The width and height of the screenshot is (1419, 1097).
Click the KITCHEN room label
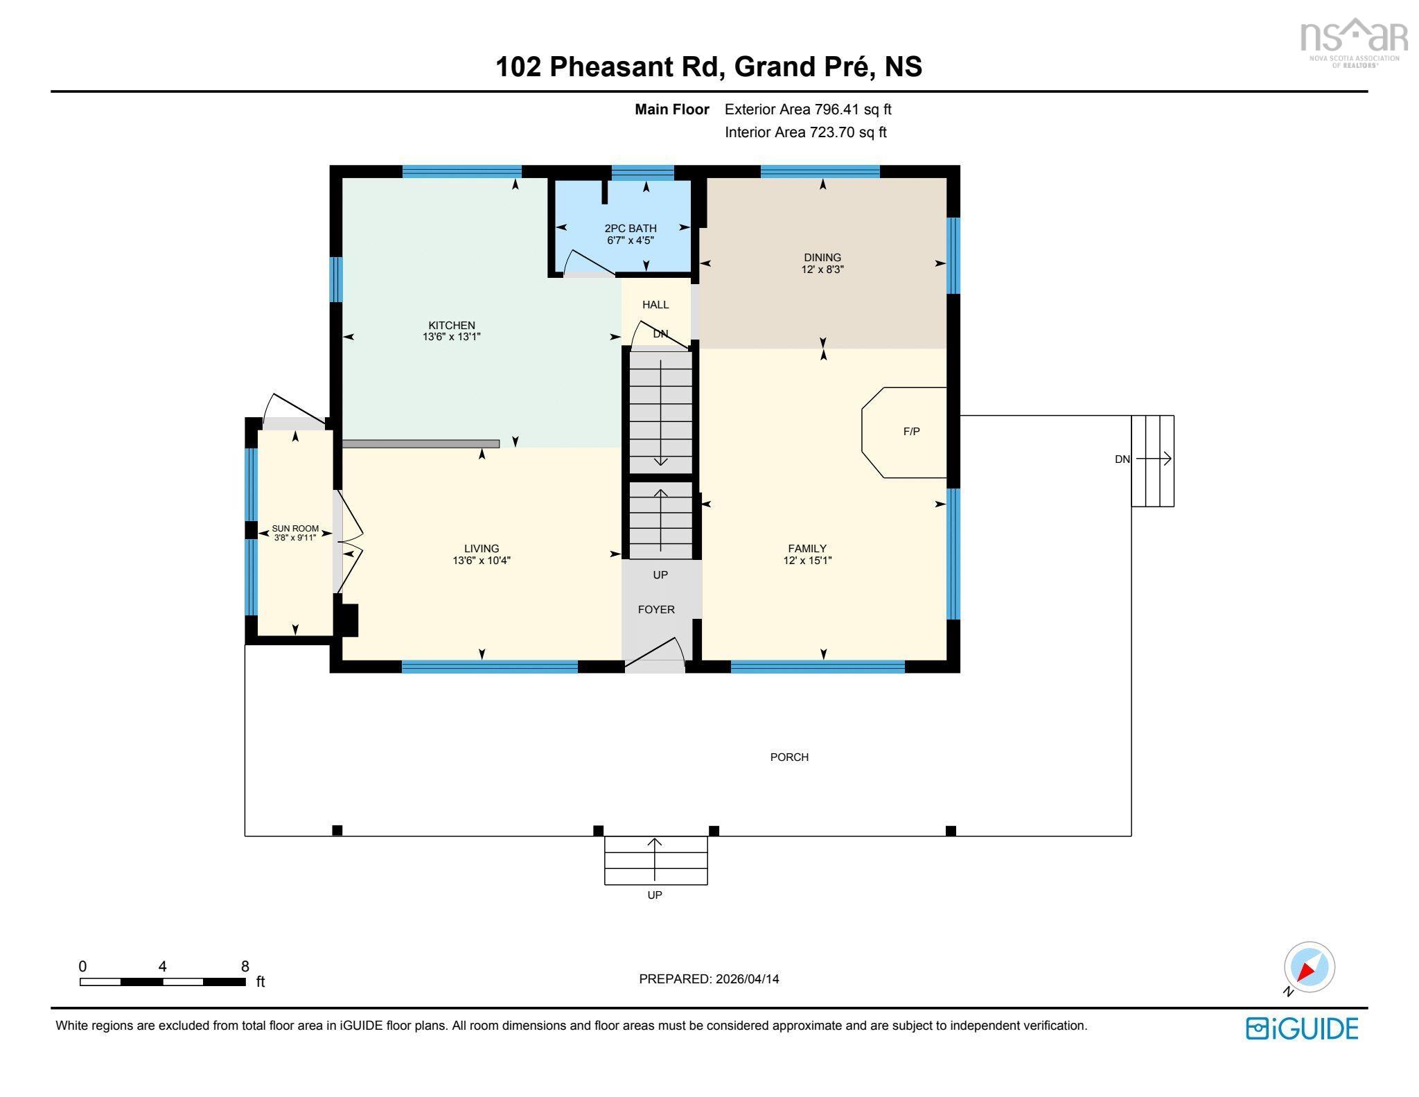click(x=451, y=325)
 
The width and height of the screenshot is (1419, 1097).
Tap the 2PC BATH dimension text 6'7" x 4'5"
click(x=630, y=240)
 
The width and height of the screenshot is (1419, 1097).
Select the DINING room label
click(x=822, y=257)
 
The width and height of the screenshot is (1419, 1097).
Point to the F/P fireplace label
click(x=911, y=432)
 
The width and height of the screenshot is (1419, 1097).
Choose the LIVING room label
click(x=482, y=548)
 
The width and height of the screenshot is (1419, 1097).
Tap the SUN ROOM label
click(x=295, y=528)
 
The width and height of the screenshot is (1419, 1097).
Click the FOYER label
click(x=655, y=610)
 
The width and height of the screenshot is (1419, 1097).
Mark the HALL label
click(x=655, y=304)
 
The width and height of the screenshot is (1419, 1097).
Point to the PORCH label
click(x=789, y=757)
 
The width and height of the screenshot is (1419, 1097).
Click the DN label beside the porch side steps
click(x=1122, y=459)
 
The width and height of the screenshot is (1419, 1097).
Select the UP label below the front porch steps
click(x=655, y=895)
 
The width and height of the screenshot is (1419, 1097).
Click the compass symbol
click(x=1308, y=967)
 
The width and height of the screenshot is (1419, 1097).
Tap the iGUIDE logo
click(x=1302, y=1028)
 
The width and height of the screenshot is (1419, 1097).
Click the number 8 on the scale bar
click(x=245, y=967)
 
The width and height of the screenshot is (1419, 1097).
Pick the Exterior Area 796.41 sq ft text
click(x=808, y=109)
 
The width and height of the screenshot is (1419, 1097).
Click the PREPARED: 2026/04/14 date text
click(x=709, y=979)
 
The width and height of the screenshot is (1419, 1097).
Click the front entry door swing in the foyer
click(x=658, y=652)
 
